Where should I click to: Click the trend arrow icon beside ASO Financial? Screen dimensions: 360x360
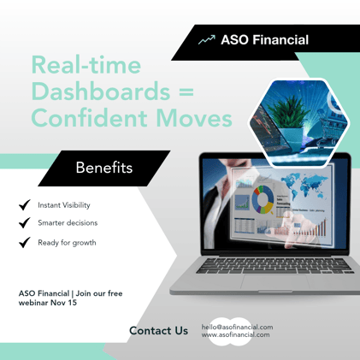tap(205, 40)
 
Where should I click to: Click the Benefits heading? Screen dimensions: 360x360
tap(103, 168)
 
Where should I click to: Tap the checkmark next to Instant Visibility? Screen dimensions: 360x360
tap(24, 205)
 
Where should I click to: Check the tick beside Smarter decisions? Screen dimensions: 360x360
tap(24, 223)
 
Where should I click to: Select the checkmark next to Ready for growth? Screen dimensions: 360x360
tap(24, 242)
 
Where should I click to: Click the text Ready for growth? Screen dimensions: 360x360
tap(67, 243)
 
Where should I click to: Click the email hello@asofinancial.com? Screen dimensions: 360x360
tap(237, 327)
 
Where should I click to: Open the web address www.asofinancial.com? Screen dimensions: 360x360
tap(235, 334)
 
